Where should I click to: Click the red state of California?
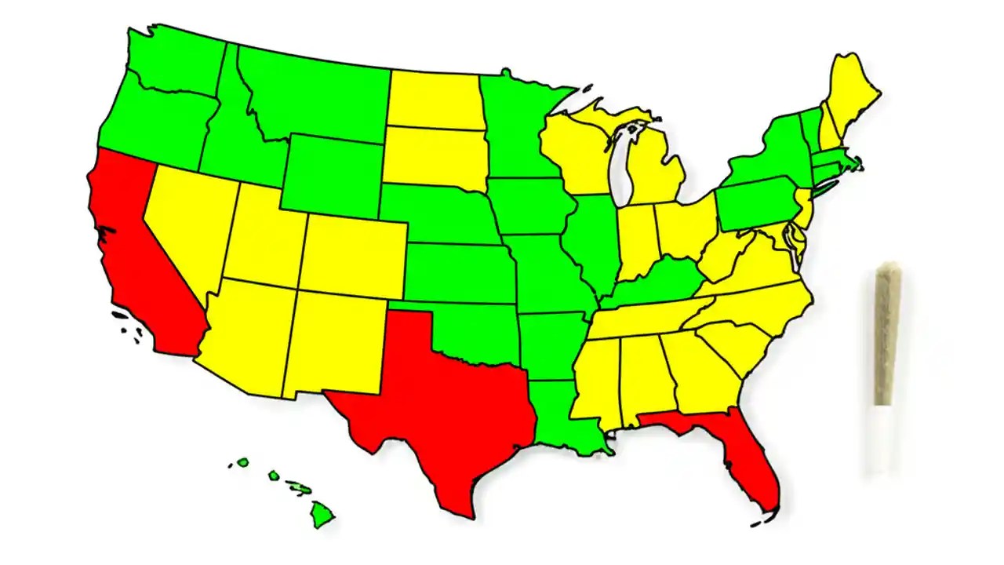click(145, 259)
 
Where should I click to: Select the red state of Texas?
click(439, 408)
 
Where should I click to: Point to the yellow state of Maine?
click(851, 94)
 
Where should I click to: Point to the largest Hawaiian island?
click(322, 515)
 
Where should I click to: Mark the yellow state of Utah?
click(263, 235)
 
